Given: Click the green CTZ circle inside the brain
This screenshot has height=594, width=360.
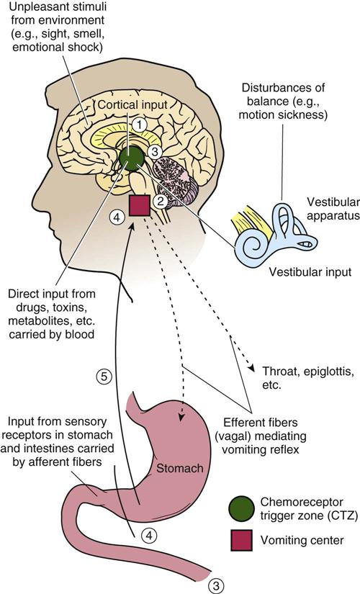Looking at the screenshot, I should (132, 158).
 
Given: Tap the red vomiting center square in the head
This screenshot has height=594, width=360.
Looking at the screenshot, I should (139, 206).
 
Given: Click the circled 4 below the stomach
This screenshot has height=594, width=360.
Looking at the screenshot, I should (147, 535).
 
